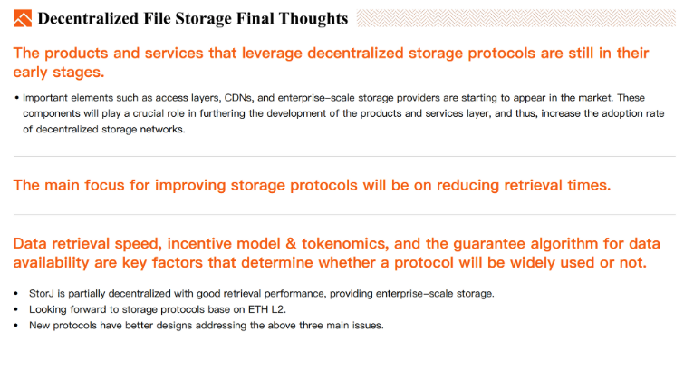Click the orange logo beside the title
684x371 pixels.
pos(23,18)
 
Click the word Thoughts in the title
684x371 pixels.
pos(313,19)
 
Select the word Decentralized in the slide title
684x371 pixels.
pos(88,18)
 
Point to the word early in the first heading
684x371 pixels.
pos(30,73)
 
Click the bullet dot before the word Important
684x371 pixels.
pos(17,98)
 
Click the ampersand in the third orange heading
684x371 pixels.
pos(291,243)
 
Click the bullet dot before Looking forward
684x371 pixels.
pos(16,309)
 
